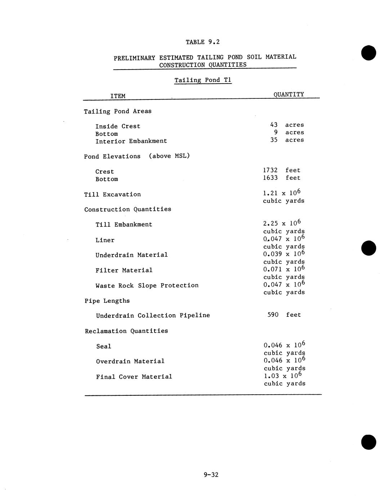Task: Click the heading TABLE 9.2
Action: coord(202,42)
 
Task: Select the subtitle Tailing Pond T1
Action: coord(203,80)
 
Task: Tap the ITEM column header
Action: coord(118,96)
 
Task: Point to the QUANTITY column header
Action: coord(289,94)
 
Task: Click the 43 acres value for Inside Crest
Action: coord(287,125)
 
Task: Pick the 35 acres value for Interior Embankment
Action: coord(287,140)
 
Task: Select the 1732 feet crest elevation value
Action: coord(281,170)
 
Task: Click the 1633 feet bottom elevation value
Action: coord(281,178)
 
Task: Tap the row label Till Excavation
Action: coord(112,195)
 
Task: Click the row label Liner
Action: coord(105,240)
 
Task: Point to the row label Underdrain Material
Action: coord(132,255)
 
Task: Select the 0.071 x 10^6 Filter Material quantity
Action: coord(284,269)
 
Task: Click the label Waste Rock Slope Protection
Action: coord(147,285)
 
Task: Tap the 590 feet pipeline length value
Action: coord(284,315)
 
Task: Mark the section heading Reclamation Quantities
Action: coord(126,331)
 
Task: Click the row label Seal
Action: coord(104,346)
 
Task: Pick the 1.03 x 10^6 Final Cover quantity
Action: coord(283,376)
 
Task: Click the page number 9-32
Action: coord(211,475)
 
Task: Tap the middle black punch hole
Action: coord(369,248)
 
